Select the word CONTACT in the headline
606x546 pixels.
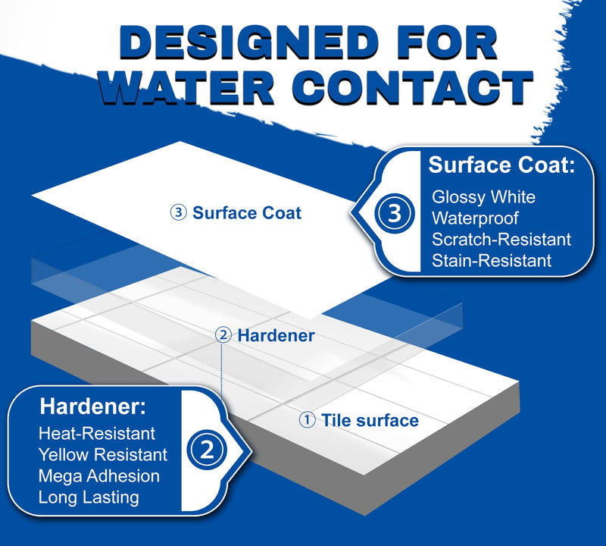coord(415,87)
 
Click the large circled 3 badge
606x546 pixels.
coord(394,213)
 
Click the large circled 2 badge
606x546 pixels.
coord(207,450)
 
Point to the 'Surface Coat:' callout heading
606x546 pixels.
coord(501,165)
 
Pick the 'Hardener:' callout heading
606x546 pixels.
coord(93,406)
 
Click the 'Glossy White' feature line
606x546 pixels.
coord(483,197)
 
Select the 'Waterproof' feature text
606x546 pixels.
coord(475,218)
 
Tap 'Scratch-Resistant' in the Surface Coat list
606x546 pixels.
coord(501,240)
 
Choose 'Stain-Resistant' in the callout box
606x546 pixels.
coord(492,261)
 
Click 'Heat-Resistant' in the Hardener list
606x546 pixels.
coord(97,434)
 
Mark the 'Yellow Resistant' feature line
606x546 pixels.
coord(103,455)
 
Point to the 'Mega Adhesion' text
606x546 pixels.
coord(99,476)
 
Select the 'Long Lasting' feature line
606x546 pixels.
coord(89,497)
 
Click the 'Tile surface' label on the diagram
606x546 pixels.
coord(370,420)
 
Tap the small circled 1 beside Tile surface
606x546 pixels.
coord(308,420)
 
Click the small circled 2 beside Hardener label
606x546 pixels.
coord(223,335)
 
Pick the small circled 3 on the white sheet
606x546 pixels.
coord(179,213)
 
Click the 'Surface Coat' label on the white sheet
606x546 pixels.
coord(247,213)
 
